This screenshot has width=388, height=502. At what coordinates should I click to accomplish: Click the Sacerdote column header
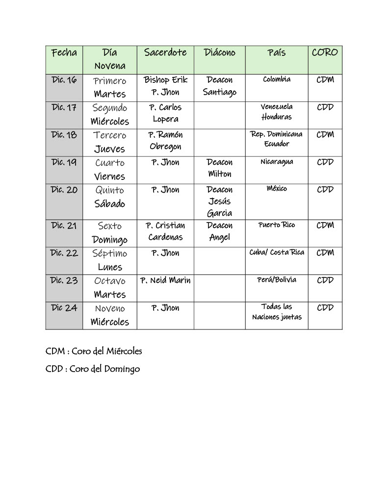tap(165, 53)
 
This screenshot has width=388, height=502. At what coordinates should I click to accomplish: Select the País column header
tap(277, 53)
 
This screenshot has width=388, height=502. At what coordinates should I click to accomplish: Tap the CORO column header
tap(325, 52)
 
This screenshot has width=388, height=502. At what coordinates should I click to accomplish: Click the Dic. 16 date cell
tap(64, 80)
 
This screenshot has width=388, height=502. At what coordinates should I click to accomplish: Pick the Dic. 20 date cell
tap(64, 190)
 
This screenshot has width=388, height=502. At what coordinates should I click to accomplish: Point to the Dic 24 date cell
tap(64, 308)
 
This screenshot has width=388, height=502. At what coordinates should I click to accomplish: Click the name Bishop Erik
tap(165, 80)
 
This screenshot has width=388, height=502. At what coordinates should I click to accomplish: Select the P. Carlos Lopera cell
tap(165, 113)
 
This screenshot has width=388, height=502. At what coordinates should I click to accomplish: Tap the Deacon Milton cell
tap(219, 168)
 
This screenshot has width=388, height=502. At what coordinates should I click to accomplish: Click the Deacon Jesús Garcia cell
tap(219, 201)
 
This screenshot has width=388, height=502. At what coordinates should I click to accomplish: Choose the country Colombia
tap(277, 79)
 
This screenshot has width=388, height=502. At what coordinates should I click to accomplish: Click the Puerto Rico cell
tap(277, 225)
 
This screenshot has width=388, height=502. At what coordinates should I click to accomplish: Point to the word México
tap(277, 189)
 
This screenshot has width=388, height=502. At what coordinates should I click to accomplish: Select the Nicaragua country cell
tap(277, 162)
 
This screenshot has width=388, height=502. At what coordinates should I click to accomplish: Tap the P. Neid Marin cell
tap(165, 280)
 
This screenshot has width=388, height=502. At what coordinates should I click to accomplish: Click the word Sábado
tap(110, 204)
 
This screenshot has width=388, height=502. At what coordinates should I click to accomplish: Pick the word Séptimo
tap(110, 253)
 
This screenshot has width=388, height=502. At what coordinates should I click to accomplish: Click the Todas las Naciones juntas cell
tap(277, 312)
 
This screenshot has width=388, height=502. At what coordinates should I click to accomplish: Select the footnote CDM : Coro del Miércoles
tap(94, 351)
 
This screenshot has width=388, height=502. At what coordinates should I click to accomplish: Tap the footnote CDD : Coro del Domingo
tap(93, 369)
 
